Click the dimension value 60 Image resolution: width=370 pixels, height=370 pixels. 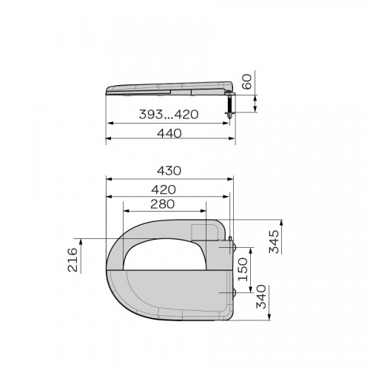click(246, 82)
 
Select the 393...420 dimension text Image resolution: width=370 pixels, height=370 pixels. click(169, 115)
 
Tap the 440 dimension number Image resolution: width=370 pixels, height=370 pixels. click(169, 133)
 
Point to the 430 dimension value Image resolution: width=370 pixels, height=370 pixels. click(169, 171)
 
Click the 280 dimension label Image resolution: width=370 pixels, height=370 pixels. click(163, 204)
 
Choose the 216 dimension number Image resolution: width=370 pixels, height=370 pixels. click(73, 260)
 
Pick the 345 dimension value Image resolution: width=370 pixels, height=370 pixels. click(274, 242)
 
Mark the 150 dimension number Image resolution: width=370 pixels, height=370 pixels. click(243, 269)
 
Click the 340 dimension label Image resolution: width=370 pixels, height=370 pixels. click(261, 297)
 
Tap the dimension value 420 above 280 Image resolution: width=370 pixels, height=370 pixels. click(164, 189)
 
